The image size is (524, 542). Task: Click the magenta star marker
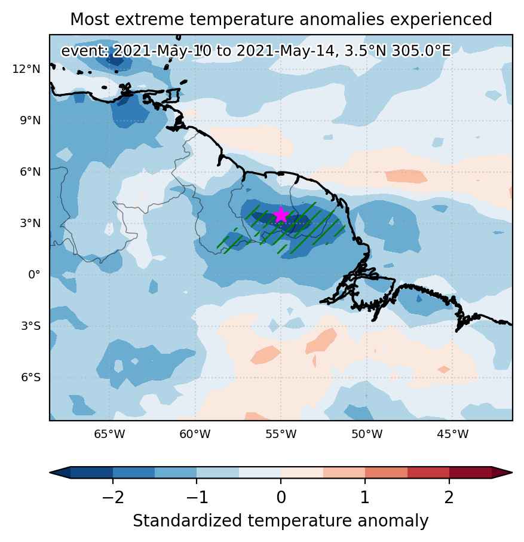281,215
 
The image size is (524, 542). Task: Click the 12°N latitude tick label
27,69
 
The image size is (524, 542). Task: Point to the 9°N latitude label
30,121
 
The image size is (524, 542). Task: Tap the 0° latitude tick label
34,275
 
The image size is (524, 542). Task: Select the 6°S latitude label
30,377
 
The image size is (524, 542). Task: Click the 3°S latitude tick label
30,326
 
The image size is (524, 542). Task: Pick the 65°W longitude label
109,434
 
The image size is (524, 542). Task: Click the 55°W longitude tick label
281,434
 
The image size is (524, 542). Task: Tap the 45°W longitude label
452,434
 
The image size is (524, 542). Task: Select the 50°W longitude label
367,434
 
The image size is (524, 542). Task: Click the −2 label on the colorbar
113,497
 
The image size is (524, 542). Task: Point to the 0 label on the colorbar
281,497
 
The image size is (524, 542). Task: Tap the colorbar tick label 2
449,497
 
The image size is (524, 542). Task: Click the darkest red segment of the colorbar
470,472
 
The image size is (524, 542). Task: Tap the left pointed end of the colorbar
50,473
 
